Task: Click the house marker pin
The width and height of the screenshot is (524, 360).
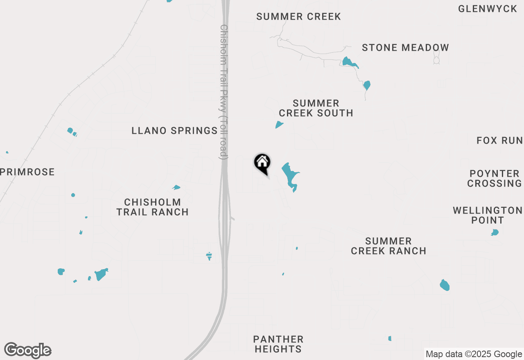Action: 262,163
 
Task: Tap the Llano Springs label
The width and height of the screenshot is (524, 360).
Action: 174,130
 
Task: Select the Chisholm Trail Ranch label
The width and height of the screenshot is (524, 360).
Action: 153,207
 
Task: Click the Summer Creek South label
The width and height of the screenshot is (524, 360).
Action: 316,108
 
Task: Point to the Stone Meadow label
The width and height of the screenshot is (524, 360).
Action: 405,47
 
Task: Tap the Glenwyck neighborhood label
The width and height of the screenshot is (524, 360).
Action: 488,9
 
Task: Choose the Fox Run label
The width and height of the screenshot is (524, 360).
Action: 499,141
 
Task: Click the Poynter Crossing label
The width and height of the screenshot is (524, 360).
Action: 495,178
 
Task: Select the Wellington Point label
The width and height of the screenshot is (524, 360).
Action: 487,215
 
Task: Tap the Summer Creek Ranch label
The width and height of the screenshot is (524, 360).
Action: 388,246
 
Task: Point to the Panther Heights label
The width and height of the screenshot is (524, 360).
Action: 278,344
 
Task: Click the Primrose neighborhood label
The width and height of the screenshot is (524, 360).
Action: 27,172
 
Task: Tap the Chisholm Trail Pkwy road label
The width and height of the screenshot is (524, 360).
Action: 224,92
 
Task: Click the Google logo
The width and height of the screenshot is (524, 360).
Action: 28,351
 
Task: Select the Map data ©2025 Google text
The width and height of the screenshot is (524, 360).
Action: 474,354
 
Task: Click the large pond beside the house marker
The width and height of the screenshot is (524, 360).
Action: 290,175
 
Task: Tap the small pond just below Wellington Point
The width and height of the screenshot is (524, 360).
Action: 495,232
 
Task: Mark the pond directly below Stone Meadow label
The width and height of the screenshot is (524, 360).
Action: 350,63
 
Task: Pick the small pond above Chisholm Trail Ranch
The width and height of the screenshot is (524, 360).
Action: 176,187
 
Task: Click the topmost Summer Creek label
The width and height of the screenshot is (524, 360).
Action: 298,16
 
